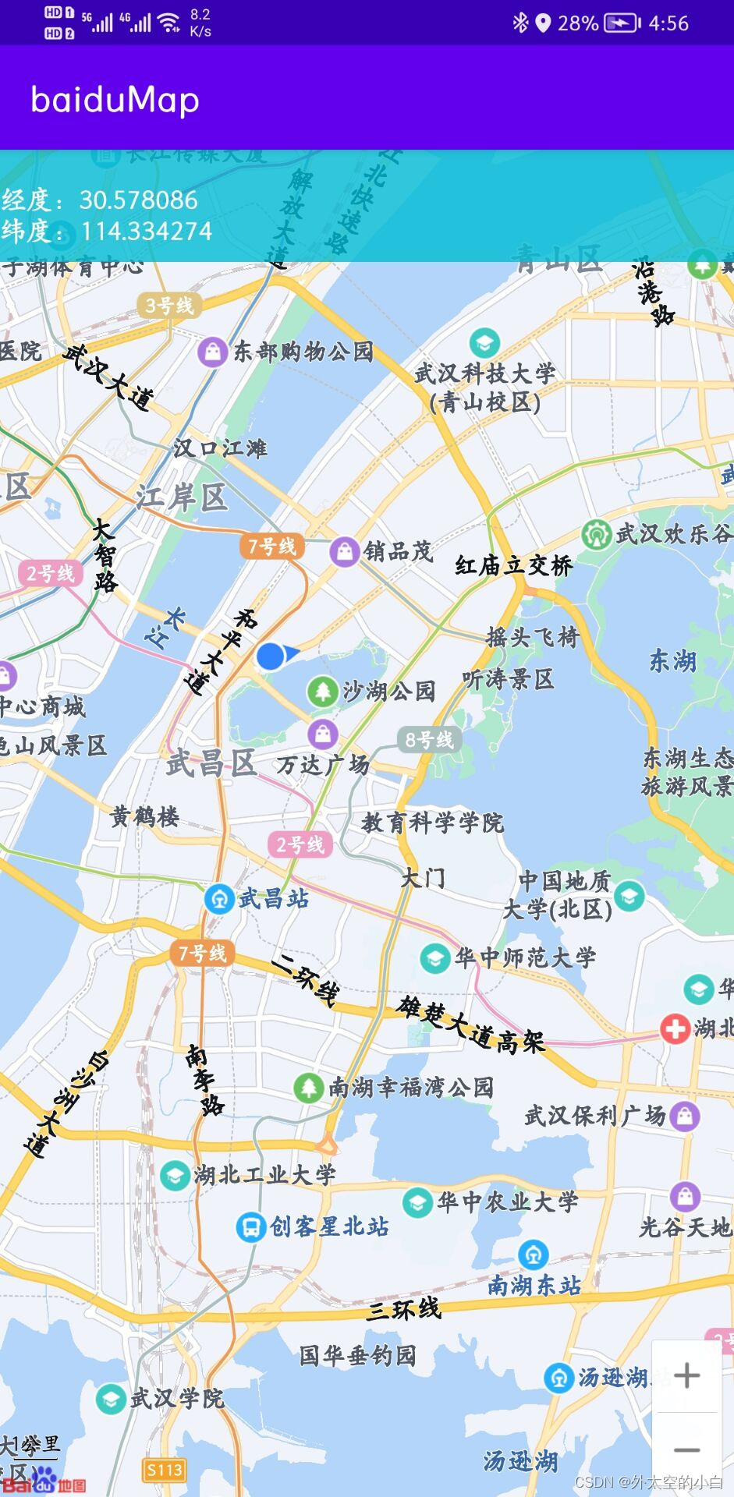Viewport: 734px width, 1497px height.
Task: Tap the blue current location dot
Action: point(271,656)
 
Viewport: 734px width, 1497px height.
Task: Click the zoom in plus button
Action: point(686,1375)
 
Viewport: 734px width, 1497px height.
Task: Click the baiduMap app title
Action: point(115,100)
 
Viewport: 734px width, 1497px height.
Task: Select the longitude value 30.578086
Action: point(139,200)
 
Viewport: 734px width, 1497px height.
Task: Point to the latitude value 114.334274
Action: point(147,232)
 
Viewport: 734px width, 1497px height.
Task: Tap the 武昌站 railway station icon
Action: point(219,899)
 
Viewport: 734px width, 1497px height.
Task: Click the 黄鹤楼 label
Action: point(145,816)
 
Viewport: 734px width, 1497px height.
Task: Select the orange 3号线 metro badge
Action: point(169,305)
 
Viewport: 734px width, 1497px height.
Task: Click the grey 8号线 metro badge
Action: point(429,739)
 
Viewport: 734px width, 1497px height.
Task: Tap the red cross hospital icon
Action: point(674,1028)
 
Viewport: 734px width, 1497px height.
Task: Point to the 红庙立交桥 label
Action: point(513,565)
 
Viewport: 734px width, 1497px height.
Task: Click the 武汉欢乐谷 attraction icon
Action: point(597,535)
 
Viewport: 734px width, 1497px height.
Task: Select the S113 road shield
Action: point(165,1470)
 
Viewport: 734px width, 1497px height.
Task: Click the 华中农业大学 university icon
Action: point(418,1201)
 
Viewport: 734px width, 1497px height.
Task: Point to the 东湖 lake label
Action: point(672,661)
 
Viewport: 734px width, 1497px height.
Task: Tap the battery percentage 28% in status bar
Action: point(578,23)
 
